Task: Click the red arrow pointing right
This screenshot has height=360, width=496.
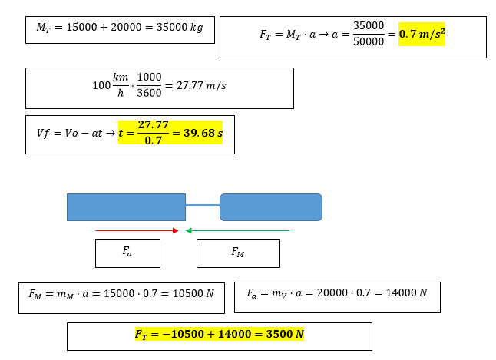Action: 137,230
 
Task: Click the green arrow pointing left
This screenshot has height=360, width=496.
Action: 237,230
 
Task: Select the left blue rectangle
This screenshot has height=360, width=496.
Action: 126,207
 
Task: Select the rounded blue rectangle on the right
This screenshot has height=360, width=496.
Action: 270,207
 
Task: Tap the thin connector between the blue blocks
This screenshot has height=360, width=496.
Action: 203,206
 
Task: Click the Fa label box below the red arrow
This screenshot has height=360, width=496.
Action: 127,253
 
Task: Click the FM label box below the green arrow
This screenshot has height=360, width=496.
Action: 238,253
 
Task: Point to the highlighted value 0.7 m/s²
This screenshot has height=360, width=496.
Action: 422,35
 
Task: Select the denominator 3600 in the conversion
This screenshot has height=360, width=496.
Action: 149,94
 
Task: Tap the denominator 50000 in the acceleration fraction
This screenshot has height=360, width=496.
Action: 369,42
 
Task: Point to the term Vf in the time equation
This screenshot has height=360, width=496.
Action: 43,133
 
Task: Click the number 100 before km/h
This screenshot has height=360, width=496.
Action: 101,86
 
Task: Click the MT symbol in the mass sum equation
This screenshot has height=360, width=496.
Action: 43,28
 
